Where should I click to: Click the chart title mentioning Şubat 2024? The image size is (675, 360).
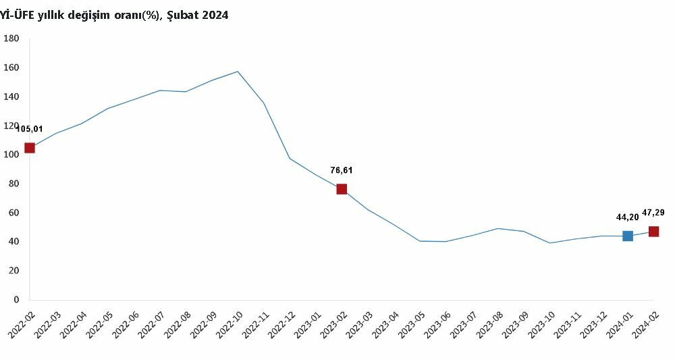click(x=115, y=15)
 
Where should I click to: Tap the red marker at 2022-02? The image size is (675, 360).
click(x=30, y=148)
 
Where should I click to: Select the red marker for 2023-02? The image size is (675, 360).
click(x=342, y=189)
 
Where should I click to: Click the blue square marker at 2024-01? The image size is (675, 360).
click(x=628, y=236)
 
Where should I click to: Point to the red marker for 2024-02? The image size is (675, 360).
click(x=653, y=232)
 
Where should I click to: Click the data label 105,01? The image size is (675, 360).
click(x=30, y=129)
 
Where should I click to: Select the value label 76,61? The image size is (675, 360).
click(x=341, y=170)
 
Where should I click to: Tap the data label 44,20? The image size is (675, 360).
click(x=627, y=217)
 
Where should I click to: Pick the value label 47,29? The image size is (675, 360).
click(x=653, y=212)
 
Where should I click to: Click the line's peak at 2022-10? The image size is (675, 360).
click(x=238, y=72)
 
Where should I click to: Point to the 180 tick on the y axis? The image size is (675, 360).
click(x=11, y=38)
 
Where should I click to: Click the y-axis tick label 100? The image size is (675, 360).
click(x=11, y=155)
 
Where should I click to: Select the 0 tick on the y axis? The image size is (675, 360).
click(x=16, y=300)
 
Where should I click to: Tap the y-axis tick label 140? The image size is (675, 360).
click(x=11, y=97)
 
